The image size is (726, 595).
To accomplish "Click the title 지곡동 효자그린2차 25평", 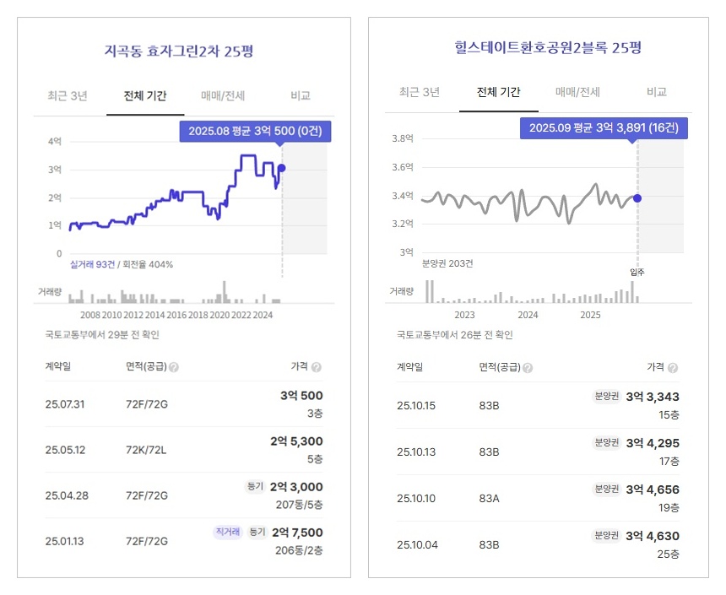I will click(x=178, y=51).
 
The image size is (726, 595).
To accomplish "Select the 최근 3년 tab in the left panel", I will click(x=68, y=95).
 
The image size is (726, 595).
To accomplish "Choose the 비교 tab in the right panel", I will click(x=657, y=92).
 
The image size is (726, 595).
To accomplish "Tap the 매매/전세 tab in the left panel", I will click(x=224, y=95).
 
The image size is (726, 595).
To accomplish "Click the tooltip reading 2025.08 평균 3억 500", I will click(x=256, y=132).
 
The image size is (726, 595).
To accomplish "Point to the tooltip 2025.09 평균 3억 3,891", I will click(x=604, y=128).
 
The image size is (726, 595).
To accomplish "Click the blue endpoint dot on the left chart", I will click(x=282, y=168).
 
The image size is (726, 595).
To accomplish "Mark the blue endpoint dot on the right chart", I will click(x=637, y=198).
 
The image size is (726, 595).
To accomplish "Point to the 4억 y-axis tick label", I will click(x=55, y=142).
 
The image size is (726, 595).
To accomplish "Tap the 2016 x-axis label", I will click(x=176, y=315).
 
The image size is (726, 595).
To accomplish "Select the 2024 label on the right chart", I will click(x=528, y=315).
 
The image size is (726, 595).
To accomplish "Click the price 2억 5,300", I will click(x=296, y=441).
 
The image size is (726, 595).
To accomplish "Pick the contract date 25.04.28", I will click(x=67, y=495).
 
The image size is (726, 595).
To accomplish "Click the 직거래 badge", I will click(x=226, y=532).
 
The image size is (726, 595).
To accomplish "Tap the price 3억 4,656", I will click(x=651, y=490).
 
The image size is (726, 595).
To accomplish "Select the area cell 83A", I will click(x=490, y=498).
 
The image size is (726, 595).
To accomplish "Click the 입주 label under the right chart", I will click(x=637, y=272).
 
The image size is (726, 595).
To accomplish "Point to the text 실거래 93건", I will click(x=92, y=264).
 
